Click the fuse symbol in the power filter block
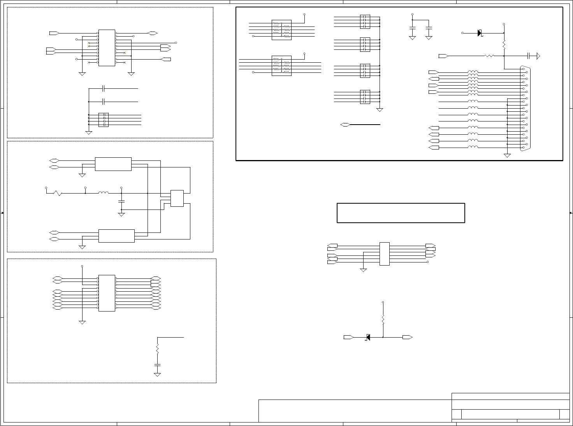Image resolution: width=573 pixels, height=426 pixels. pos(57,193)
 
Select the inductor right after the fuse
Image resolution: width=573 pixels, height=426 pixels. pos(103,193)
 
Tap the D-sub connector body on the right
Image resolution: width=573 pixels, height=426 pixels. pos(524,108)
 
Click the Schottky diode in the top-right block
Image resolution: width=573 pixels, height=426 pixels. pos(480,33)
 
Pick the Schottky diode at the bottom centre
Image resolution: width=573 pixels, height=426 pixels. pos(367,337)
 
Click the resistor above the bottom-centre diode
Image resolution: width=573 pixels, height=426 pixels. pos(383,320)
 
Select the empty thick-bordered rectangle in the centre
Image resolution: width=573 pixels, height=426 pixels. pos(401,213)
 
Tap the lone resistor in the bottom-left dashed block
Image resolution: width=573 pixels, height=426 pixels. pos(157,349)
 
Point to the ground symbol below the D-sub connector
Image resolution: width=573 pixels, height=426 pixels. pos(507,155)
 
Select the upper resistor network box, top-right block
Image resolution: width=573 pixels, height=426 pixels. pos(281,30)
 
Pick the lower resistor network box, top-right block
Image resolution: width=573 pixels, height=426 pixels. pos(281,66)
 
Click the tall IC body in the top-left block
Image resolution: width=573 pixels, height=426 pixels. pos(107,48)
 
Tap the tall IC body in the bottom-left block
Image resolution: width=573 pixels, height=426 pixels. pos(107,293)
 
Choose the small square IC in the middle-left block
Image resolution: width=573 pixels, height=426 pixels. pos(177,198)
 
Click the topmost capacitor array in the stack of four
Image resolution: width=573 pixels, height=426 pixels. pos(365,21)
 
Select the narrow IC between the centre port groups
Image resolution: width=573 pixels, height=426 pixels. pos(384,254)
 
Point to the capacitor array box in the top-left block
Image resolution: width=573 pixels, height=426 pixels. pos(103,120)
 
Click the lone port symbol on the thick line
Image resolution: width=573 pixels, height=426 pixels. pos(345,125)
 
